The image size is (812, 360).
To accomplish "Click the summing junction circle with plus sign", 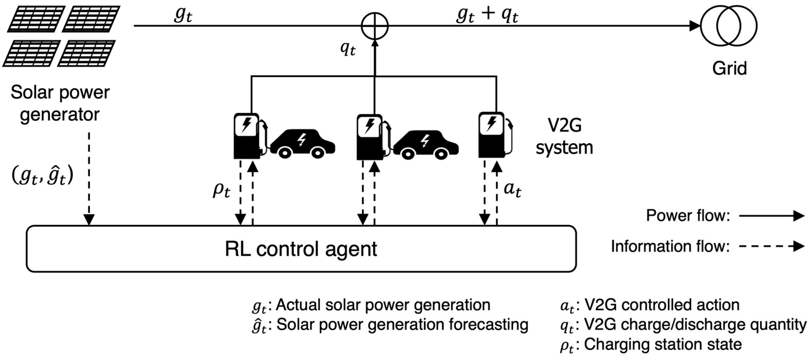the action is tap(375, 26).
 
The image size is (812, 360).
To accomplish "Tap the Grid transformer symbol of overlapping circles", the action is tap(728, 26).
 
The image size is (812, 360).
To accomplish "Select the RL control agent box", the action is tap(301, 249).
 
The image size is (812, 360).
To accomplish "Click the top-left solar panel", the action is tap(37, 19).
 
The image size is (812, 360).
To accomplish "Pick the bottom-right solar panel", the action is tap(86, 53).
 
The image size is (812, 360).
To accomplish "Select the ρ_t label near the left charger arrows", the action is tap(221, 190).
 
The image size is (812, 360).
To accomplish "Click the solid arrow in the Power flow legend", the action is tap(772, 216).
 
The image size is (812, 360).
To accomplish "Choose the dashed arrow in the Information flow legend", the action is tap(772, 246).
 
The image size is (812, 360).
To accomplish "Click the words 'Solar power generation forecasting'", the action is tap(402, 325).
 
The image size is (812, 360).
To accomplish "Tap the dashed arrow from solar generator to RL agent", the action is tap(89, 178).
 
